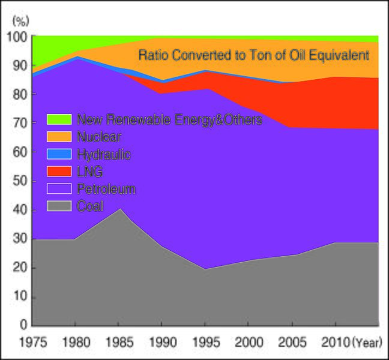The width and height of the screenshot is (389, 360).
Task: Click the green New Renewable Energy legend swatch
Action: (x=59, y=119)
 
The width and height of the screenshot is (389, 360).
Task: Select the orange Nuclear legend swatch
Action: (x=59, y=137)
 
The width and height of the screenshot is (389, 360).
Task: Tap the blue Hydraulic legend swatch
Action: (x=59, y=154)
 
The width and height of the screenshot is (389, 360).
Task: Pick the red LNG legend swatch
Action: (x=59, y=172)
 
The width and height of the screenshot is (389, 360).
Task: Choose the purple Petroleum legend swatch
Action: (x=59, y=189)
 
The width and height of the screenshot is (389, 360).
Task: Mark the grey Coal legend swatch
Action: (x=59, y=206)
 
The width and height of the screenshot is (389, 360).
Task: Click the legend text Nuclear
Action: (x=99, y=137)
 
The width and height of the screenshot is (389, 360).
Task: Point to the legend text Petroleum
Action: (x=106, y=189)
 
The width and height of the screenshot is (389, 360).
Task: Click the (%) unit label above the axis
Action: (x=20, y=21)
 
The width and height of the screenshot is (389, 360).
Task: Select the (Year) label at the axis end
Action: (x=366, y=343)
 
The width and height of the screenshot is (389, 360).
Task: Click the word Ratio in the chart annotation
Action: (x=154, y=56)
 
